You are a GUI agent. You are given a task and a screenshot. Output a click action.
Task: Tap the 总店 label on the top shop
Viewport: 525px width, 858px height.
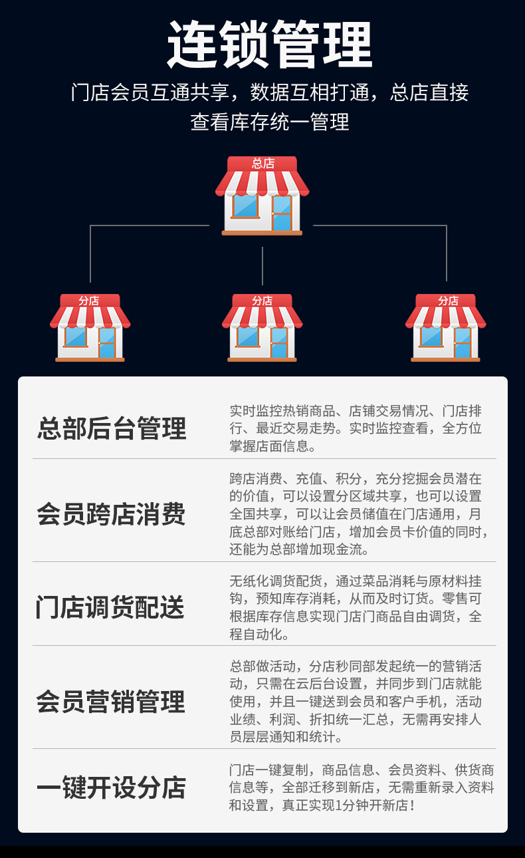click(262, 164)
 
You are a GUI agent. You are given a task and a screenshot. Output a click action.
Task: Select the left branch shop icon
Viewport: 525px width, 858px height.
click(90, 329)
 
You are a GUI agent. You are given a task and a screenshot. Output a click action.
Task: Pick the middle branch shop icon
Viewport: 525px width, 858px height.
click(262, 329)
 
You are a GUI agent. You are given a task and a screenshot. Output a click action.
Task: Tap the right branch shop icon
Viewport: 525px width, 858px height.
click(445, 329)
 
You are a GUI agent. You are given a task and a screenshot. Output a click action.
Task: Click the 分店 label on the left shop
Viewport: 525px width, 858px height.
click(89, 301)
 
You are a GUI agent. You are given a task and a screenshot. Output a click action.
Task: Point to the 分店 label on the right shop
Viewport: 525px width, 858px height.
click(448, 301)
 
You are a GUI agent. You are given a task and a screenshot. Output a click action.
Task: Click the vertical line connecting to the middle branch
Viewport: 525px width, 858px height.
click(262, 266)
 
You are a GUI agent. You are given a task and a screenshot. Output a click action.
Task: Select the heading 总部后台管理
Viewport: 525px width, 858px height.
click(112, 428)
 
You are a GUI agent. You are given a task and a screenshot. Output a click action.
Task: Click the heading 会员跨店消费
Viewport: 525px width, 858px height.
click(112, 514)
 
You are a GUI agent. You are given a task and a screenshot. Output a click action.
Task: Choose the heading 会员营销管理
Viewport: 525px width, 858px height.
click(111, 702)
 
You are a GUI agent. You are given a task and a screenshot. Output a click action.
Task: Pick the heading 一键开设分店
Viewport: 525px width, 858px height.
click(112, 787)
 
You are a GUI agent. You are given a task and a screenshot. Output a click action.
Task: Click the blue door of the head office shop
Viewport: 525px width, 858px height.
click(282, 212)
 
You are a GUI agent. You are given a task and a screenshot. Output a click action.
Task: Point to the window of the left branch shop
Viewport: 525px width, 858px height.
click(75, 337)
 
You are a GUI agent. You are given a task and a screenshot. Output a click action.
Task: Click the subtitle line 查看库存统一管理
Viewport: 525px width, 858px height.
click(269, 122)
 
